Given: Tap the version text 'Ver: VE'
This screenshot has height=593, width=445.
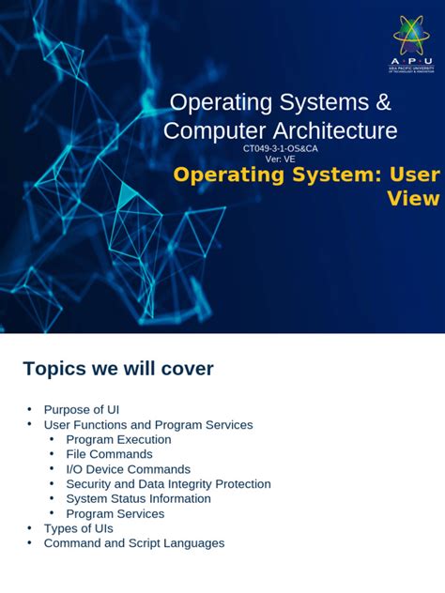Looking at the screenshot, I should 280,160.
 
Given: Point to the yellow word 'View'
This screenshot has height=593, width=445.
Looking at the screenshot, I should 413,198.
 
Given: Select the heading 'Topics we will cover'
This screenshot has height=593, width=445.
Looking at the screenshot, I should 118,369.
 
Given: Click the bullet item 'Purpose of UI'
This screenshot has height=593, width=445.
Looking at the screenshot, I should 82,410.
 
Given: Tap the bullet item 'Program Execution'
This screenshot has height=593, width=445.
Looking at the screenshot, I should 118,439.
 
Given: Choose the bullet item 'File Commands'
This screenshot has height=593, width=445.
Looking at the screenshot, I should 109,454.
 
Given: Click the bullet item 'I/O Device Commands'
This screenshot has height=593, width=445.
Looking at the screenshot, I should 128,469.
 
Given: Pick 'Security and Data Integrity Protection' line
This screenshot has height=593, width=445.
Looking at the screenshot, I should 168,484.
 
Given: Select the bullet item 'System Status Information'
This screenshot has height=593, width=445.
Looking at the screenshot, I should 138,498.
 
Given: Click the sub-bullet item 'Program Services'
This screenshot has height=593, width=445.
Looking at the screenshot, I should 115,513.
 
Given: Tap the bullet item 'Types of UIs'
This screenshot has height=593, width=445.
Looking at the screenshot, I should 79,528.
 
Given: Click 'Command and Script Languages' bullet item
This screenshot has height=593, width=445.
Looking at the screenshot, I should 134,543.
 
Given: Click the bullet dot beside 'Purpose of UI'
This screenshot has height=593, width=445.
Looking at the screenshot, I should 29,410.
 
